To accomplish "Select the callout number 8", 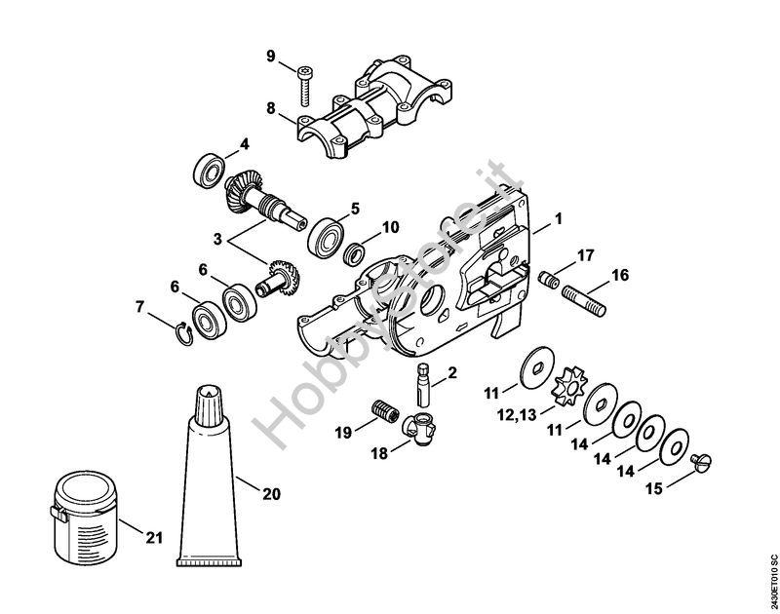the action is tap(271, 108).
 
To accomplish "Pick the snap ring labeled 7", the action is tap(185, 332).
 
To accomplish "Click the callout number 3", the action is tap(217, 239).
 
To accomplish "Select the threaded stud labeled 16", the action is tap(584, 300).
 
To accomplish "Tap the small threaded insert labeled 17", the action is tap(548, 280).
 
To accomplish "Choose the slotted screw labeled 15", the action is tap(701, 462).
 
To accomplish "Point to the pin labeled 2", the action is tap(423, 385).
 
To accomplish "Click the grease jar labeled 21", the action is tap(85, 516).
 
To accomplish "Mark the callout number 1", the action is tap(559, 218).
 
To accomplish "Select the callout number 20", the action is tap(272, 494).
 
